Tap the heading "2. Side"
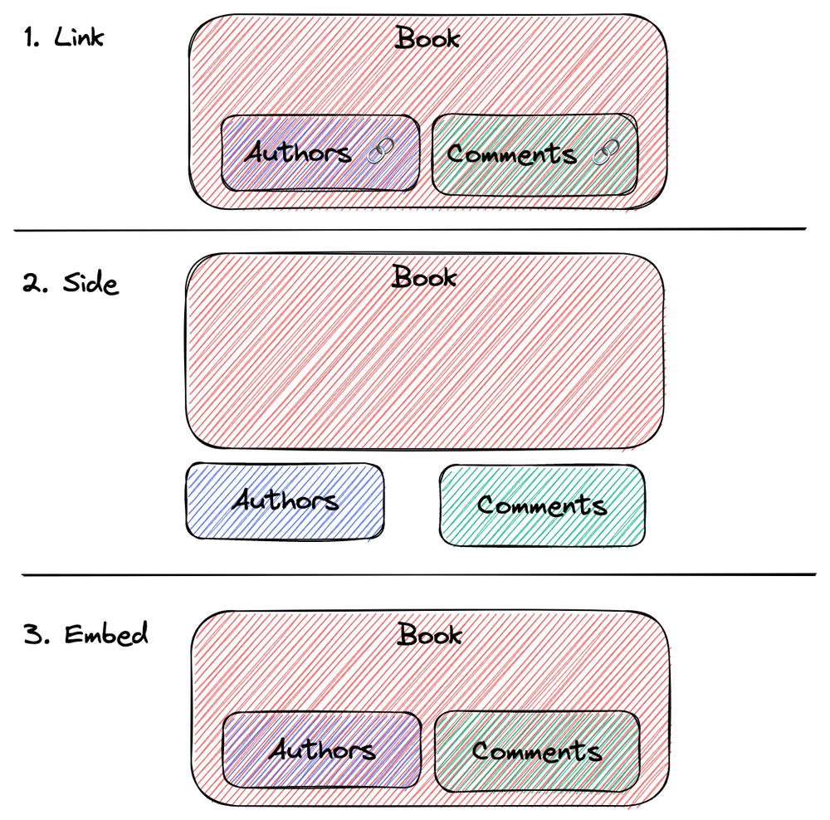pos(71,283)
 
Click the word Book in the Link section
pos(427,37)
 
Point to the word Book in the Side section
pos(424,276)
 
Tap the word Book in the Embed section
pos(429,635)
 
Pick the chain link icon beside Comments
pos(606,152)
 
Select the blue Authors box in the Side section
pos(286,500)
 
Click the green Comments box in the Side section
pos(542,505)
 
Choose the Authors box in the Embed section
pos(322,750)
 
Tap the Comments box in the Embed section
pos(537,751)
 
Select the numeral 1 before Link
pos(32,38)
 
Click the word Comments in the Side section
pos(542,505)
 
